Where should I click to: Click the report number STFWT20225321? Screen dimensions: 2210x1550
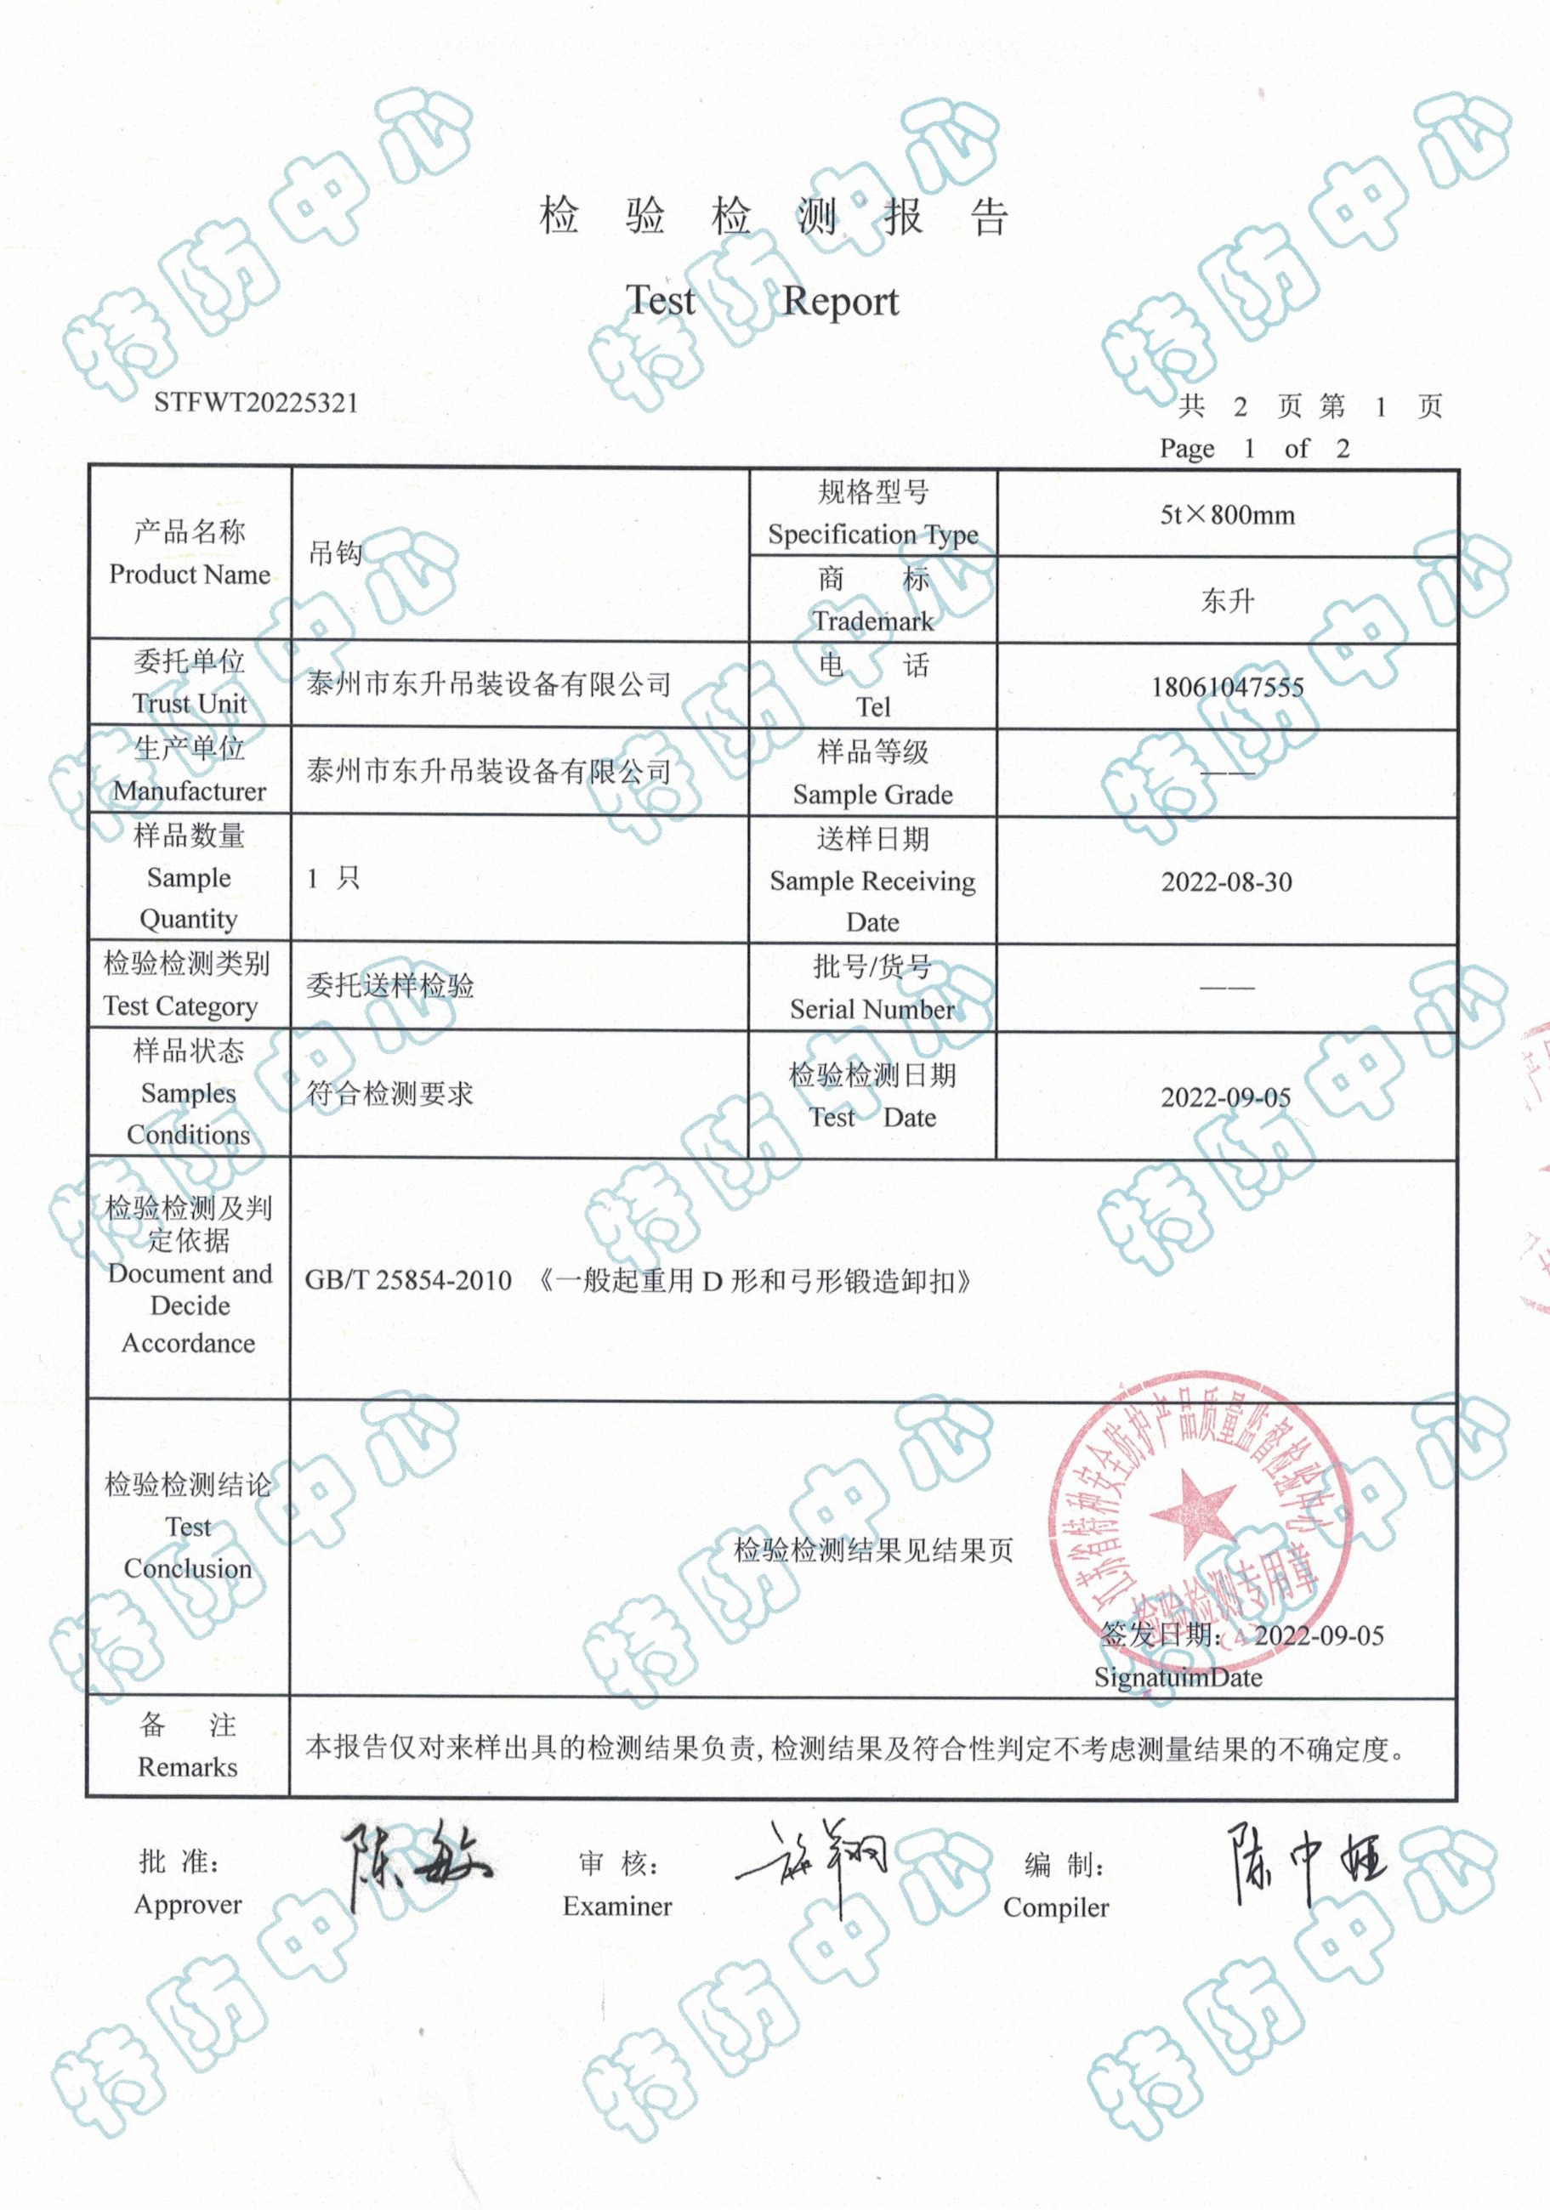point(255,402)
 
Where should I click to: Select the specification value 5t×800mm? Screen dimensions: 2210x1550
point(1227,515)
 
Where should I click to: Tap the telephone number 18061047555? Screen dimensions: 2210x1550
point(1227,688)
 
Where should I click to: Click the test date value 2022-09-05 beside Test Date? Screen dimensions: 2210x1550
point(1225,1097)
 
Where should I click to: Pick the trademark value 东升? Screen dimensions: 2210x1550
point(1227,602)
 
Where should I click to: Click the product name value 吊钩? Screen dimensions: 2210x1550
point(335,552)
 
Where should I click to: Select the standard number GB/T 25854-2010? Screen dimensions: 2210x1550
point(408,1280)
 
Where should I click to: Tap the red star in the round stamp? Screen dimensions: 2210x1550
point(1192,1513)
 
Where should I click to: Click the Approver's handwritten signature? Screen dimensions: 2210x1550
point(414,1862)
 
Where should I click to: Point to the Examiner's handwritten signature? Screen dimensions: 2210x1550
point(815,1862)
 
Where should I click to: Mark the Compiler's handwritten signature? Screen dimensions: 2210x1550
point(1304,1862)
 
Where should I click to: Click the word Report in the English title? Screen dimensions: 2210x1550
point(840,301)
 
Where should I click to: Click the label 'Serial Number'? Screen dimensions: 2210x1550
point(872,1009)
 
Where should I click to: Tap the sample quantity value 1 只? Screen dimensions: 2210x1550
point(333,878)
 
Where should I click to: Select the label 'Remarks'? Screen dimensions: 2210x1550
point(188,1767)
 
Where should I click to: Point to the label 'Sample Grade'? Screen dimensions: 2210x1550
point(872,794)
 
